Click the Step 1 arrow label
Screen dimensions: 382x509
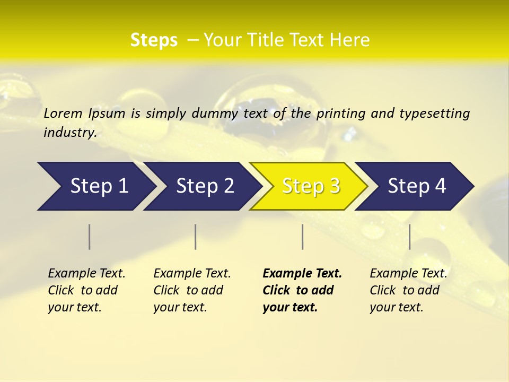click(99, 186)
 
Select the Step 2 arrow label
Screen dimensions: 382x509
click(205, 186)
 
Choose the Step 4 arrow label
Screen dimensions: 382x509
click(417, 186)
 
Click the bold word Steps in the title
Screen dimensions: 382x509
click(154, 40)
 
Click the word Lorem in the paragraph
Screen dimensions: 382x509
click(63, 113)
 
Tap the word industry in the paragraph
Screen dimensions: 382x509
click(69, 132)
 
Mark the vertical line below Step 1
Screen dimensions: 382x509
click(90, 237)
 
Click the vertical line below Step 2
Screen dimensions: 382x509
click(196, 237)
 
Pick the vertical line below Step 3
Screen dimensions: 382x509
click(302, 237)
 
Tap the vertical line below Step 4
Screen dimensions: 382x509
click(409, 237)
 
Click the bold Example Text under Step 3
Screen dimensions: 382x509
click(302, 273)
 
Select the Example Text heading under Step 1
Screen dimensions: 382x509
click(86, 273)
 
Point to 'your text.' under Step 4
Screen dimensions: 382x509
click(396, 307)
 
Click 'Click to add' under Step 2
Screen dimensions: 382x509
click(188, 290)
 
